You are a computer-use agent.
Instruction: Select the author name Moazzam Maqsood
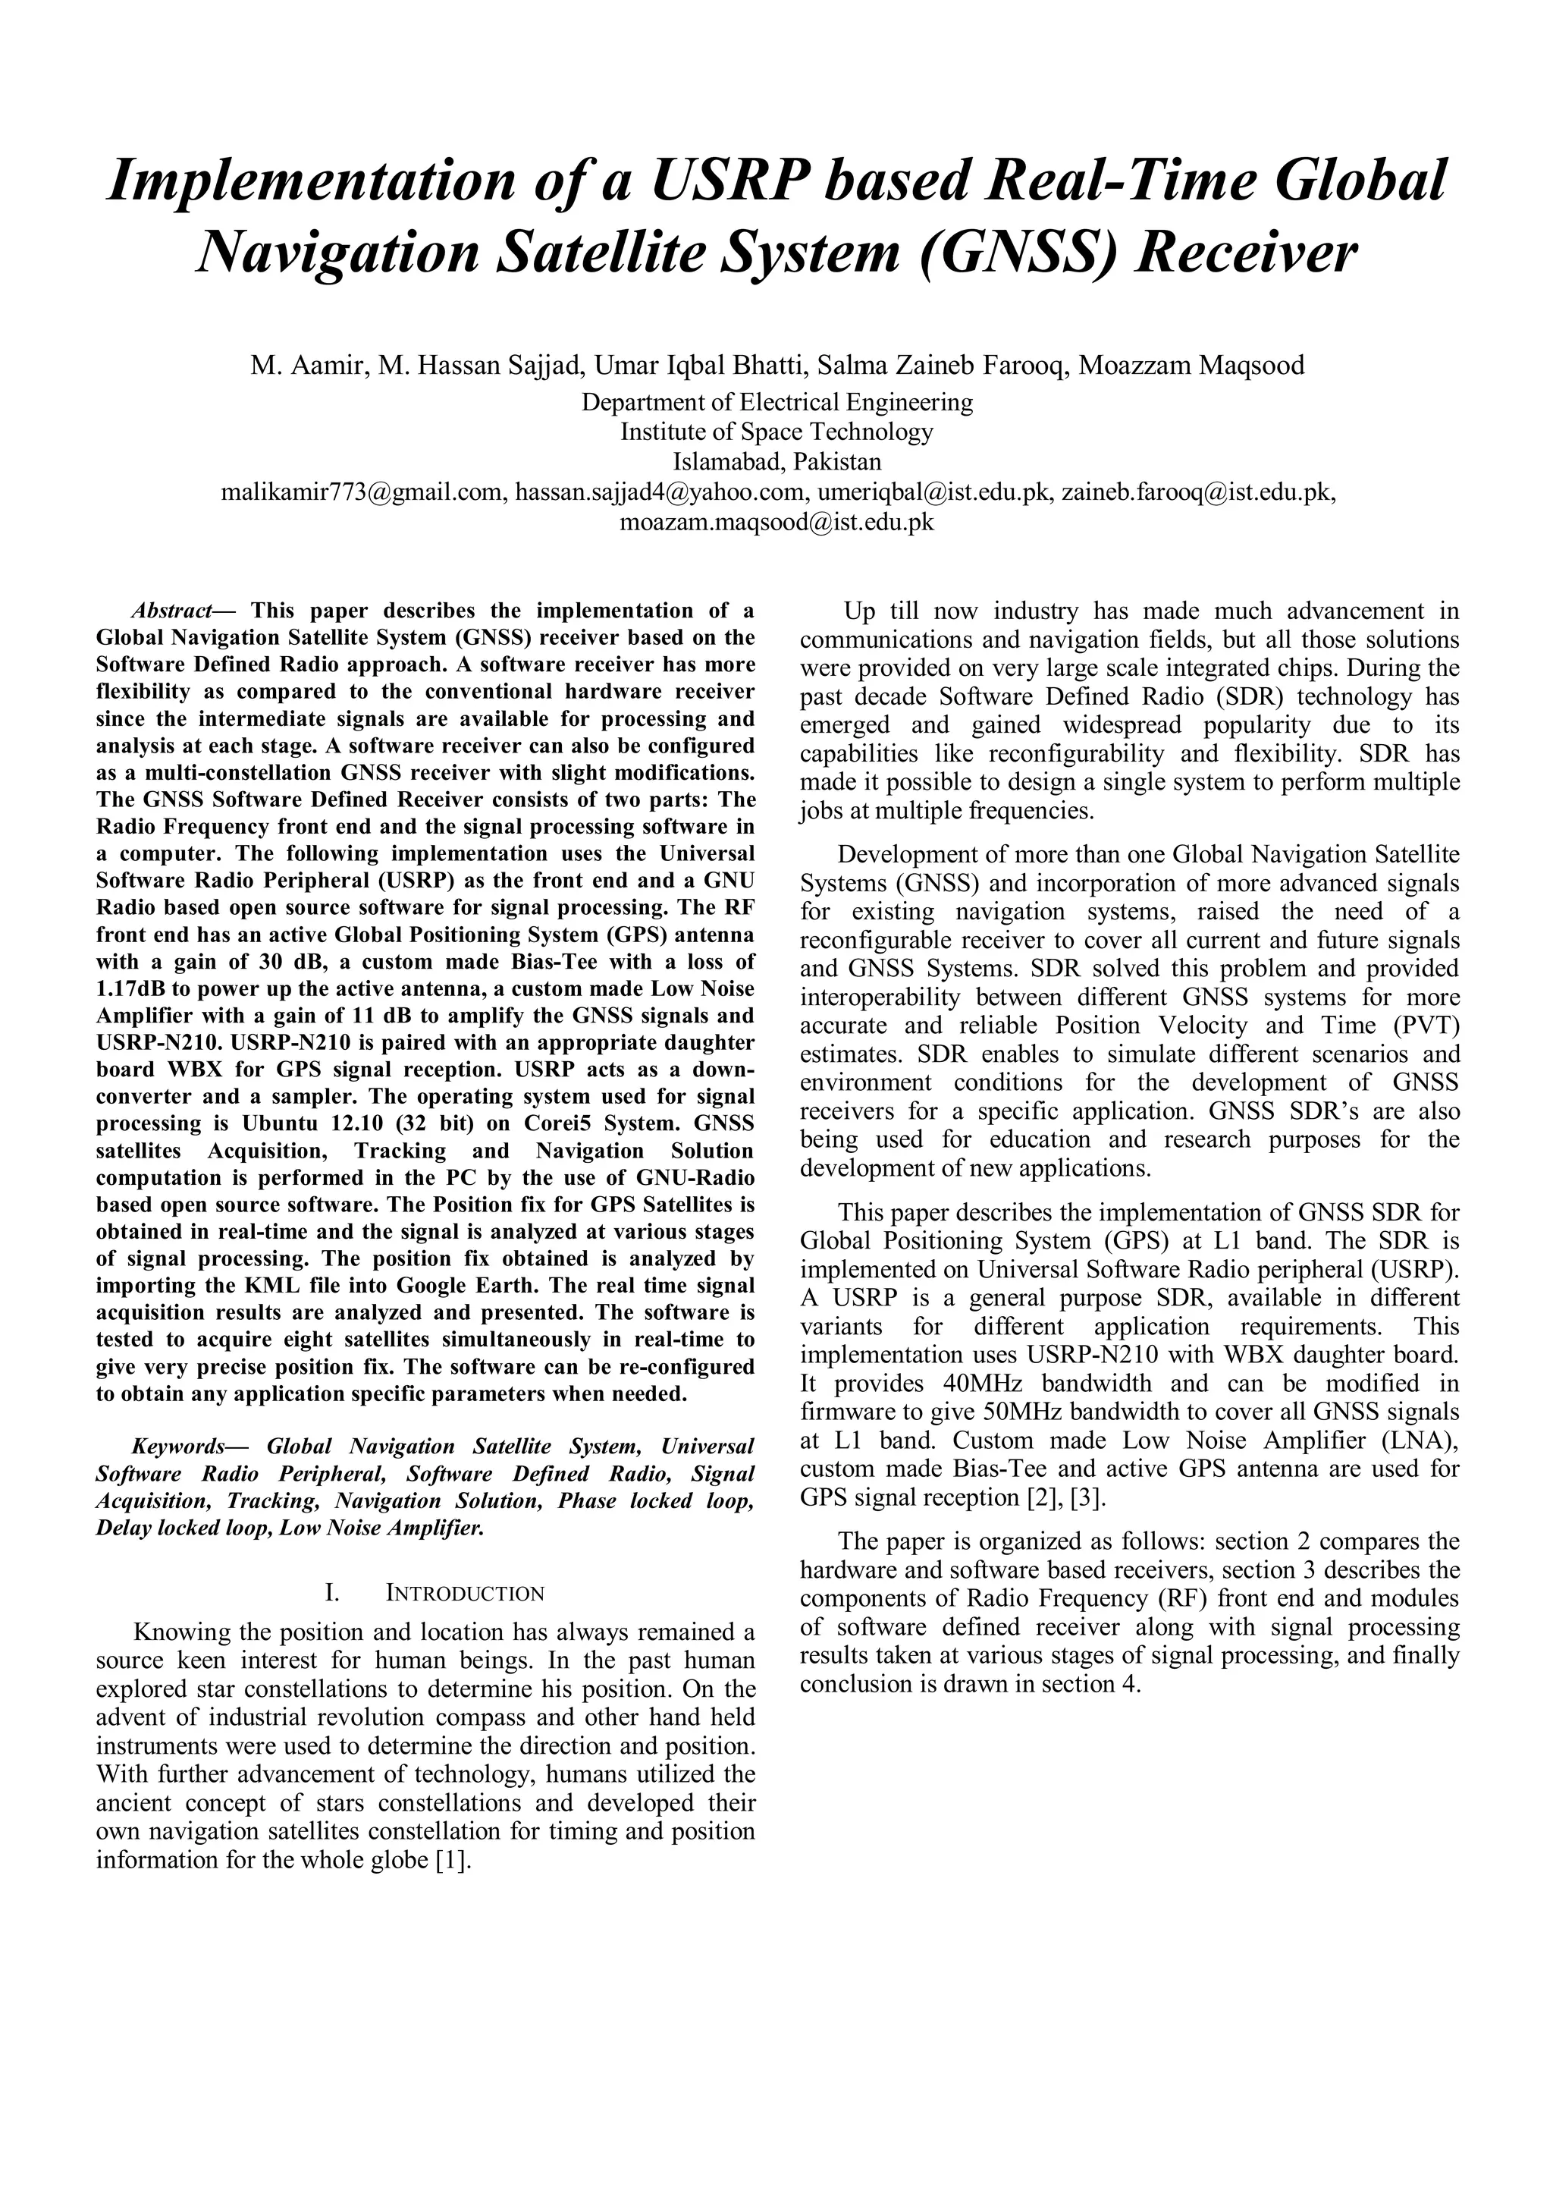pos(1191,366)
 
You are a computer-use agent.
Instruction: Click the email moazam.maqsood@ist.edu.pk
pos(776,522)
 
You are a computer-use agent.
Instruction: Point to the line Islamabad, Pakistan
pos(776,462)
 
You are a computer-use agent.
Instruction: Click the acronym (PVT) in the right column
pos(1426,1026)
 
